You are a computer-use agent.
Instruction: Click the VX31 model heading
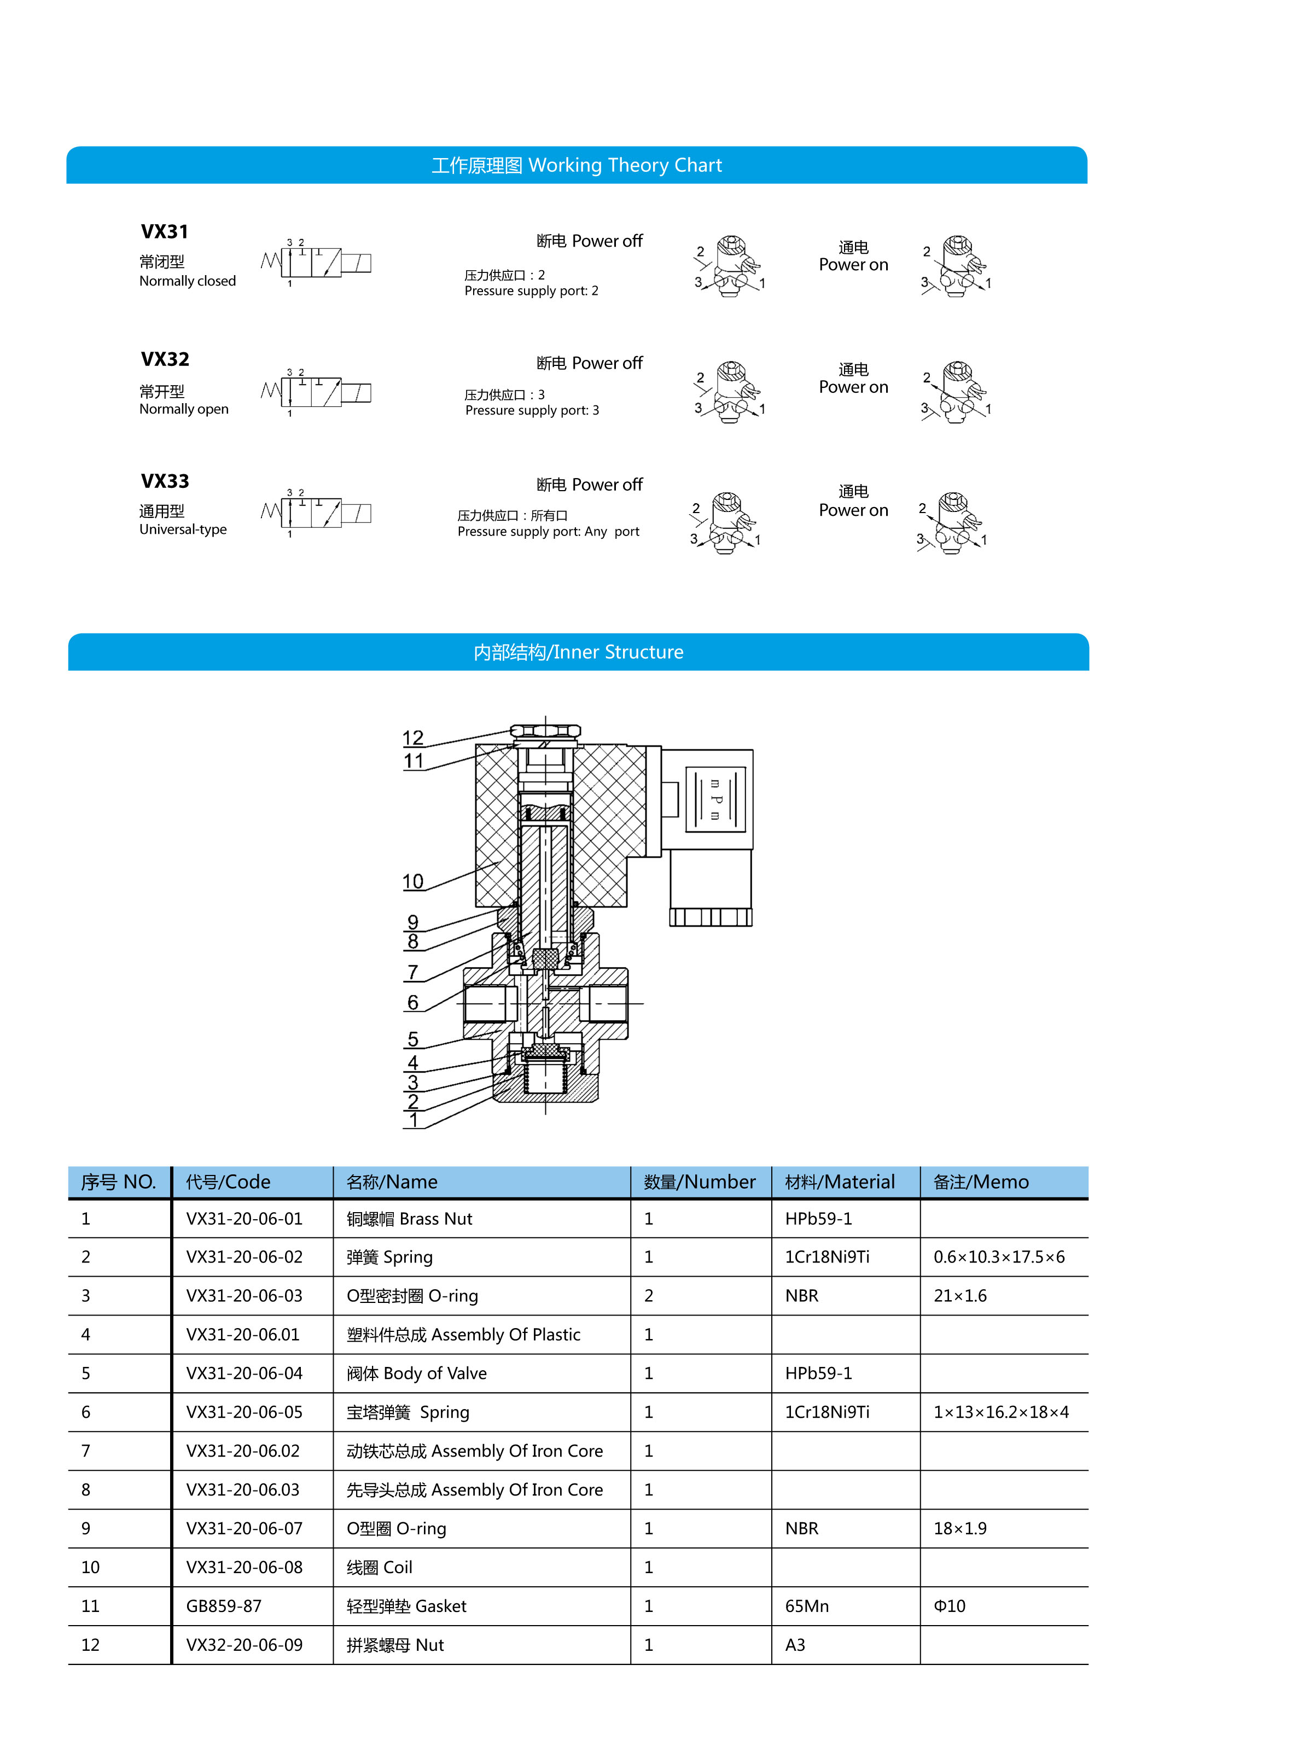tap(164, 231)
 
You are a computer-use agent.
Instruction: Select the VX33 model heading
tap(164, 481)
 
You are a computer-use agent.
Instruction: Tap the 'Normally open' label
tap(184, 409)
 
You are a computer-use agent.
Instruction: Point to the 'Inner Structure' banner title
tap(578, 653)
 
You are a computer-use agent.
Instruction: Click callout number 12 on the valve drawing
tap(413, 737)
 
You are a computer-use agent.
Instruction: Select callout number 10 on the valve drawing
tap(413, 882)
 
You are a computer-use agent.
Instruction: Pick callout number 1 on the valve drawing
tap(413, 1120)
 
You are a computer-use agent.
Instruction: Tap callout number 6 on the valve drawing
tap(413, 1003)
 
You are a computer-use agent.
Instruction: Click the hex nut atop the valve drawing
tap(545, 732)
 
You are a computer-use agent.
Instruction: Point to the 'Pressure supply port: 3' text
tap(532, 411)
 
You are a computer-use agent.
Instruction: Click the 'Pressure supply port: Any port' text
tap(548, 532)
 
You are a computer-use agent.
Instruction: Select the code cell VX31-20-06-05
tap(244, 1412)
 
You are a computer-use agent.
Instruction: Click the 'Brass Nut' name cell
tap(409, 1219)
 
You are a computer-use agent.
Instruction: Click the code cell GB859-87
tap(224, 1607)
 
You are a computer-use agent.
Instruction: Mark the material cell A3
tap(795, 1645)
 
